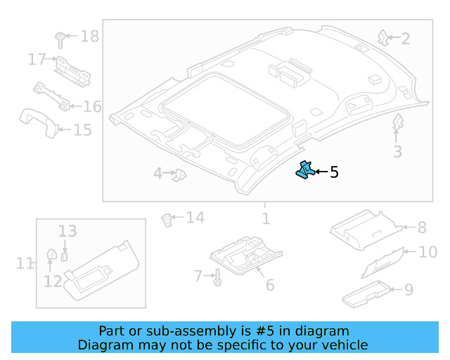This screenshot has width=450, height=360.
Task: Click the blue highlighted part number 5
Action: pyautogui.click(x=304, y=171)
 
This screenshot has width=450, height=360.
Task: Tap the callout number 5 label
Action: pyautogui.click(x=334, y=172)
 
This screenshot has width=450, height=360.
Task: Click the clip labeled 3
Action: pyautogui.click(x=397, y=124)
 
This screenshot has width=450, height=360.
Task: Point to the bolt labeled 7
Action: pyautogui.click(x=217, y=278)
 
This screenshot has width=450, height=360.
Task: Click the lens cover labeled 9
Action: pyautogui.click(x=366, y=294)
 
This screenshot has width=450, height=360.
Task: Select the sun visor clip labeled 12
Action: pyautogui.click(x=51, y=255)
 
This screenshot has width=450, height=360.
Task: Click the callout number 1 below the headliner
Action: pyautogui.click(x=265, y=219)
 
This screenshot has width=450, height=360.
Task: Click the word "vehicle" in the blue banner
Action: pyautogui.click(x=344, y=345)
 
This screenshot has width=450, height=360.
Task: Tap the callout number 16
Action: pyautogui.click(x=92, y=106)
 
